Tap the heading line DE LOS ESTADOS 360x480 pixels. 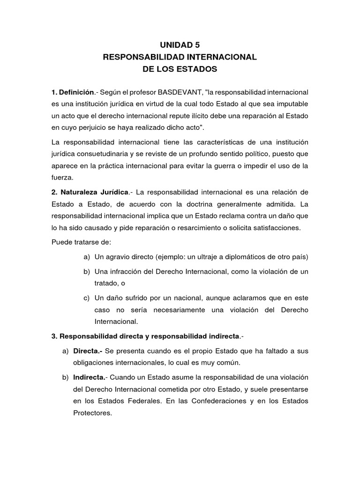180,69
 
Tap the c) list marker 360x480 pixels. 87,298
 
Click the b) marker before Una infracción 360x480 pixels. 87,271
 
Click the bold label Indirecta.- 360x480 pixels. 91,377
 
